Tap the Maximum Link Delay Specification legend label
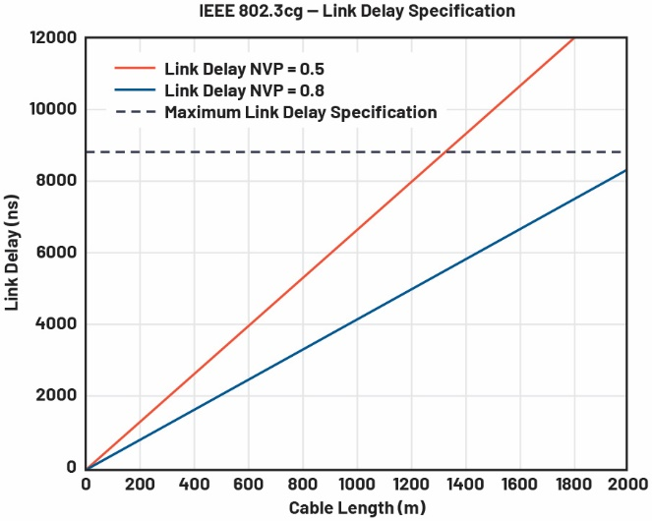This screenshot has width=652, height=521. (300, 112)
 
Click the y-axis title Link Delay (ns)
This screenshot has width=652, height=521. (13, 253)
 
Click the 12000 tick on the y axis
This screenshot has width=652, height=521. (52, 37)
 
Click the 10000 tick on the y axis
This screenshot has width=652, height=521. (52, 109)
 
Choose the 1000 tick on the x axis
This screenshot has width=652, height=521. (356, 485)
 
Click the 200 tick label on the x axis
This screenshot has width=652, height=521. (140, 485)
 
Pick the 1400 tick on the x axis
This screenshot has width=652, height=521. (464, 485)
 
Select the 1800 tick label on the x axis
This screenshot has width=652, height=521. (572, 485)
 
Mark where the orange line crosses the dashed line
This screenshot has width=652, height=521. (446, 152)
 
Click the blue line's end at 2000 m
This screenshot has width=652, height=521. (626, 170)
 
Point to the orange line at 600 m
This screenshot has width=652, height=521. (248, 325)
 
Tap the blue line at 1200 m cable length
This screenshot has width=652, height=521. (410, 289)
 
